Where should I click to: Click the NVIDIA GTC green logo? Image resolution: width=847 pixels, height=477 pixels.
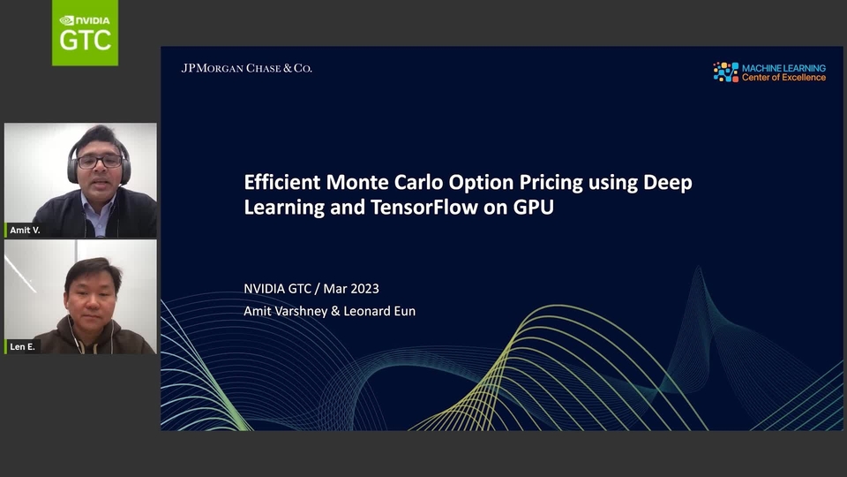(85, 33)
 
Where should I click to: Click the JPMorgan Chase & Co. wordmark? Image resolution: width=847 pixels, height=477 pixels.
(246, 68)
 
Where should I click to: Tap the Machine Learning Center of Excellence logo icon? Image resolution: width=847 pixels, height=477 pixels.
(725, 72)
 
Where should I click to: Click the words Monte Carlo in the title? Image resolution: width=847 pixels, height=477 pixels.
(372, 183)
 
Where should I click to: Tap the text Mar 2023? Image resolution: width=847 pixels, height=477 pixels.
(351, 289)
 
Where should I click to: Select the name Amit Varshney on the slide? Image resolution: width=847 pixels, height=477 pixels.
(285, 311)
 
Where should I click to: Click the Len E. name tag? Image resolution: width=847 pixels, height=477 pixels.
(21, 347)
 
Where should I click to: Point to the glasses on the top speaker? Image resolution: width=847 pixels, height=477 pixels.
(99, 162)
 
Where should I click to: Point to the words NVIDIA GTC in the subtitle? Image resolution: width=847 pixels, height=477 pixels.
(279, 289)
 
